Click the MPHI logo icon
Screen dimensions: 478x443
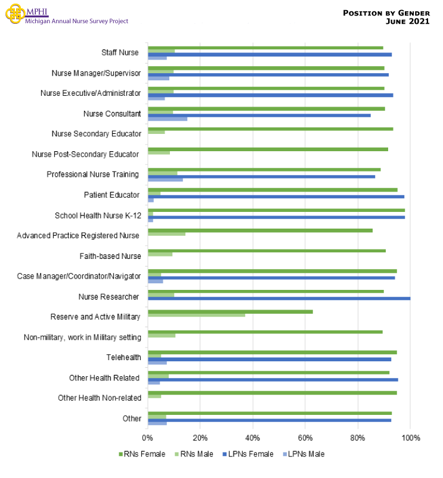[x=15, y=14]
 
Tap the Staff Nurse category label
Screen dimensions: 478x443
[x=120, y=52]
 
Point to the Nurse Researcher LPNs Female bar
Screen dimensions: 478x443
[x=279, y=298]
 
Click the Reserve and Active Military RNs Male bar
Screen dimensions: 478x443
[x=196, y=315]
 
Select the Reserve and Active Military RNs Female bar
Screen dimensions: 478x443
[x=230, y=311]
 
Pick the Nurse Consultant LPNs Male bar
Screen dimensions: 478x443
[x=168, y=118]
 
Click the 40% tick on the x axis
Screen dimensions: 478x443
[x=253, y=439]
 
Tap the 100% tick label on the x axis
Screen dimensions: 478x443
[x=410, y=439]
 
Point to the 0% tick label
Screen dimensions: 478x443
[x=148, y=439]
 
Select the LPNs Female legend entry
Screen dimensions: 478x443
[x=249, y=454]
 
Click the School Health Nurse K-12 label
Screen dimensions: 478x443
[x=98, y=215]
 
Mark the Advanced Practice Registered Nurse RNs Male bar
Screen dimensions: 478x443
[x=166, y=234]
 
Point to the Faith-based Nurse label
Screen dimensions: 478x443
[x=110, y=256]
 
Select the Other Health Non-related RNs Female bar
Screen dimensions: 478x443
[x=272, y=393]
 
